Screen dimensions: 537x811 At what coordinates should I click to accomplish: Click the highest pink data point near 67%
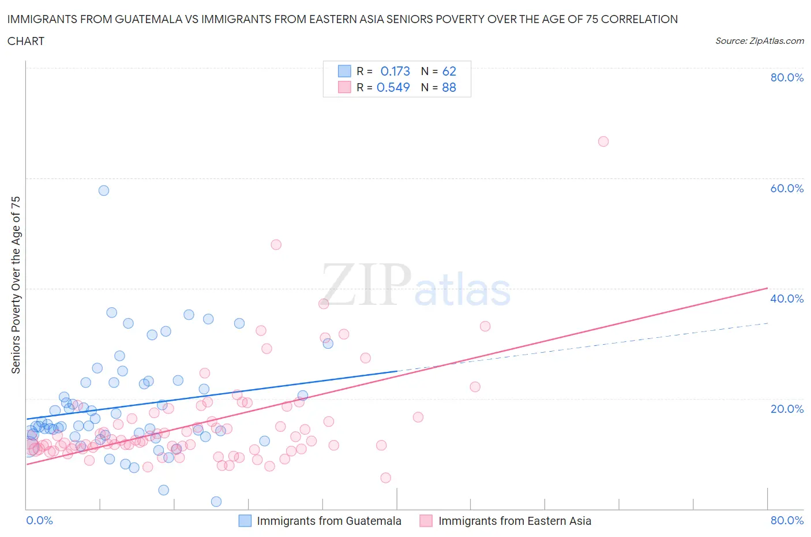point(603,141)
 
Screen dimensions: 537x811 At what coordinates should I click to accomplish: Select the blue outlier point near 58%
point(104,191)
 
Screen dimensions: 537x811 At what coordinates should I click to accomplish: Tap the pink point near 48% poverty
point(276,245)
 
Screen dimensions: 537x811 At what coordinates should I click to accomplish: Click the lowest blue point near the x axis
point(216,502)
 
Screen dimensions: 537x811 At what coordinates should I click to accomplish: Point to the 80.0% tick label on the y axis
point(787,77)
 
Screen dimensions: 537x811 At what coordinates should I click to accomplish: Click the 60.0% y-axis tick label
point(787,188)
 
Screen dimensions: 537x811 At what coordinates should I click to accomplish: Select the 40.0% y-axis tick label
point(787,299)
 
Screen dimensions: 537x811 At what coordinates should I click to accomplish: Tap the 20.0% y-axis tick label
point(787,409)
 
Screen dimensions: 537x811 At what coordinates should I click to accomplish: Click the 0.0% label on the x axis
point(39,520)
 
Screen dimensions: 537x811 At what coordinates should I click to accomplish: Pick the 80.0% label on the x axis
point(787,520)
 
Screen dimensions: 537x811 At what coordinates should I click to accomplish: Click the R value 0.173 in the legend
point(395,71)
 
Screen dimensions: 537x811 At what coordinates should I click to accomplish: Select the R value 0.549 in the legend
point(393,87)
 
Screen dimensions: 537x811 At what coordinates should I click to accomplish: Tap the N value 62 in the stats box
point(449,71)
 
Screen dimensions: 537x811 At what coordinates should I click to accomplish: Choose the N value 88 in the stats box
point(449,87)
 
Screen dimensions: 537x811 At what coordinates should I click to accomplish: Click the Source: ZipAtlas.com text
point(759,40)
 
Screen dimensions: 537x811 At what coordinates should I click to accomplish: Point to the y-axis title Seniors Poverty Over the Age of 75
point(16,285)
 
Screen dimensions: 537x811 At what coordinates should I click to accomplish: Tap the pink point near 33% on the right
point(485,326)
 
